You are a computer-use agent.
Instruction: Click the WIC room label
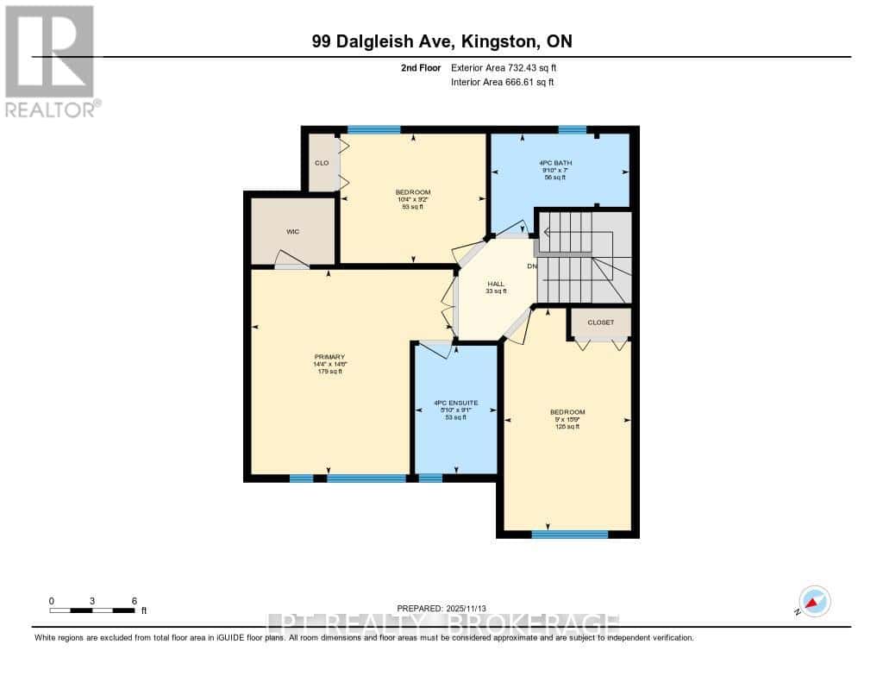(292, 231)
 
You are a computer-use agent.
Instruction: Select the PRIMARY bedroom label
(329, 357)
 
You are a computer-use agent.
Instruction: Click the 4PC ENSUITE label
(455, 403)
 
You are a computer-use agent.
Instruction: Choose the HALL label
(496, 284)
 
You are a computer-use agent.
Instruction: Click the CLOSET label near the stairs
(601, 322)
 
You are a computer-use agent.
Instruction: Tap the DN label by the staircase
(532, 266)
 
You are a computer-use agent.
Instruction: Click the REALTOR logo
(52, 60)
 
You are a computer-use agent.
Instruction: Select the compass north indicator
(814, 602)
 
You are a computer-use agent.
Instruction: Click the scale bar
(92, 610)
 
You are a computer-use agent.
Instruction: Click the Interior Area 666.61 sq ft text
(502, 82)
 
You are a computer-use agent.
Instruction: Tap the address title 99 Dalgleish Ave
(441, 41)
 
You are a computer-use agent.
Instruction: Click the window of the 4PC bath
(572, 130)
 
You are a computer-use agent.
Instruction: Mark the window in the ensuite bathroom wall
(430, 478)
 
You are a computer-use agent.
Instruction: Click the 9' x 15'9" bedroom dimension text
(567, 419)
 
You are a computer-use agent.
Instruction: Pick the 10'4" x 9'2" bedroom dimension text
(412, 199)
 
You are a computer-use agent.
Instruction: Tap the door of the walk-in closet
(291, 260)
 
